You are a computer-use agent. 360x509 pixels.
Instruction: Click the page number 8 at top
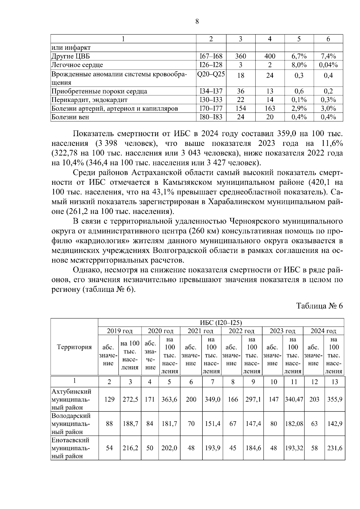coord(197,21)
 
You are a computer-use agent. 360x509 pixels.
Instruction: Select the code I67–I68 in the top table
coord(211,56)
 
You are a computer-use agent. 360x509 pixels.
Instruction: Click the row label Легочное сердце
coord(77,65)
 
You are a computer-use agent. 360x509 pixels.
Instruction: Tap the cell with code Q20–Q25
coord(211,74)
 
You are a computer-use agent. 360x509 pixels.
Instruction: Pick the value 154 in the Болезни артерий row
coord(241,108)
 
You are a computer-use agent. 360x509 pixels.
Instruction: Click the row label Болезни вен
coord(70,117)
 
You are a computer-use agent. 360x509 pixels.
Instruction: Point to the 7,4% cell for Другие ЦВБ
coord(328,56)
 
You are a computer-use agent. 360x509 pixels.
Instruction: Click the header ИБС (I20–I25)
coord(221,322)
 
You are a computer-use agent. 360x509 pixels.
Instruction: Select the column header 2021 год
coord(200,331)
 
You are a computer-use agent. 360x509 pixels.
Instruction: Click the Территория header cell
coord(74,347)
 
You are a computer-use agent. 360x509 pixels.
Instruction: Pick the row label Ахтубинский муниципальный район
coord(71,399)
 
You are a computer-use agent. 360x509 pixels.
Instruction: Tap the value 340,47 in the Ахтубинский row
coord(294,399)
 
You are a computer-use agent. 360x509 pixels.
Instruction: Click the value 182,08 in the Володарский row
coord(294,424)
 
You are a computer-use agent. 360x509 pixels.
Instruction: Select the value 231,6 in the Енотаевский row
coord(335,448)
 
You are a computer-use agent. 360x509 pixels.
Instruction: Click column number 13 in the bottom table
coord(335,382)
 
